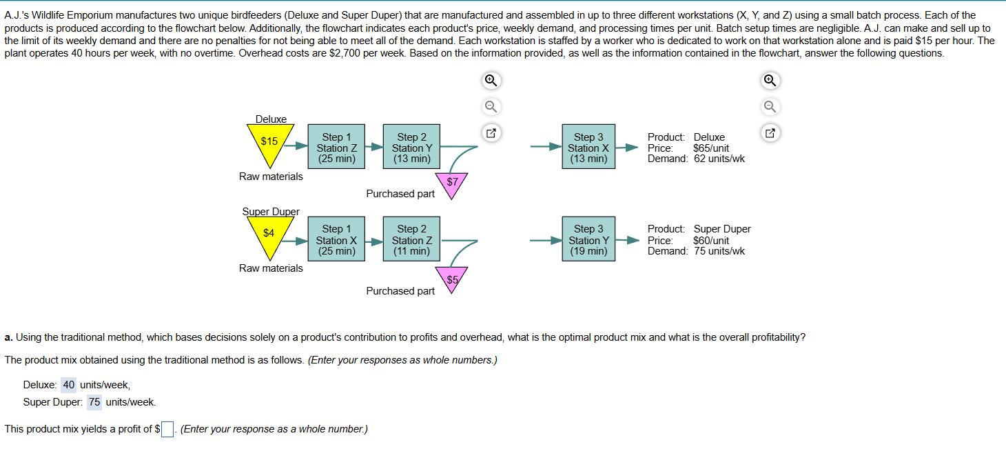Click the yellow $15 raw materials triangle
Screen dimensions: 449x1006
269,143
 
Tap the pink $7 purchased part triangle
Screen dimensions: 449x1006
452,183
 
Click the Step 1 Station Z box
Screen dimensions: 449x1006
336,148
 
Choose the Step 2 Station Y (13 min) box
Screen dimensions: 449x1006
411,148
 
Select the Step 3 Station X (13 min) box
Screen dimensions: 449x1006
588,148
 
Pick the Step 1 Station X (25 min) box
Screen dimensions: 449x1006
336,239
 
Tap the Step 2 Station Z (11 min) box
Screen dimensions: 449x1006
411,239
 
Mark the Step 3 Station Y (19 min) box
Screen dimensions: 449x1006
588,239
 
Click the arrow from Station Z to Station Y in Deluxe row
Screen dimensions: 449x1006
373,147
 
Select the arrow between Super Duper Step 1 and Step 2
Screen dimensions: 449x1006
373,241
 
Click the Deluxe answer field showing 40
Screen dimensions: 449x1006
69,385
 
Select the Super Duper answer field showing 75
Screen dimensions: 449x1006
94,402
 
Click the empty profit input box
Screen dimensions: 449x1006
168,430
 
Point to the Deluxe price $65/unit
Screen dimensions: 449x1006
710,148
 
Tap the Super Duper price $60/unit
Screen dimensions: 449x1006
710,240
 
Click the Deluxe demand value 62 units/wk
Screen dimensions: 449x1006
719,159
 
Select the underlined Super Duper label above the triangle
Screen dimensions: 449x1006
271,211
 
